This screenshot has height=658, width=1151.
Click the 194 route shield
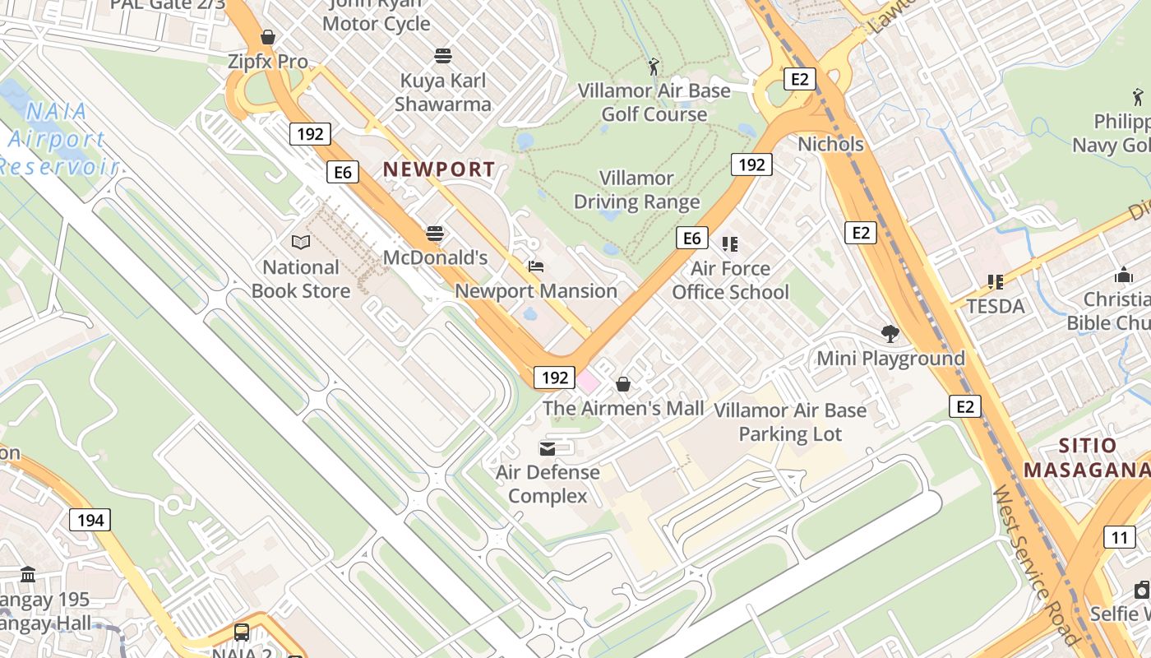click(x=90, y=520)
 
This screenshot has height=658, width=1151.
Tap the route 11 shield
click(x=1119, y=538)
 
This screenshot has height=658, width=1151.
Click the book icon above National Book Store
click(x=301, y=243)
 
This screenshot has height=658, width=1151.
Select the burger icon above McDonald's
click(x=435, y=234)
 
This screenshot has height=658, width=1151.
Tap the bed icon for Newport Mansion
click(x=535, y=266)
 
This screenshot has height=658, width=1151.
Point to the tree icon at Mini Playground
click(x=890, y=333)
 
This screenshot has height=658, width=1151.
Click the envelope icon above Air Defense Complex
click(x=547, y=448)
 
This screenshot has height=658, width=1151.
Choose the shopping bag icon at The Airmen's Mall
click(x=623, y=384)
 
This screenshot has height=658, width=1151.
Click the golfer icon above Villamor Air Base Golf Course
click(x=654, y=66)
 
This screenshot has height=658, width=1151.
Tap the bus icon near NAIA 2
click(x=242, y=632)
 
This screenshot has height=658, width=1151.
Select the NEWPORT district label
click(x=439, y=169)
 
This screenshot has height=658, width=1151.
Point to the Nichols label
click(x=830, y=144)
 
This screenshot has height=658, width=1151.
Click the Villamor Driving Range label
click(x=636, y=190)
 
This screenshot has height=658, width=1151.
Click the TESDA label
click(x=996, y=307)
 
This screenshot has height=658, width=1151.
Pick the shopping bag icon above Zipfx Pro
click(x=268, y=37)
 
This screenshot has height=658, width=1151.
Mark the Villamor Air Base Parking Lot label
click(x=790, y=422)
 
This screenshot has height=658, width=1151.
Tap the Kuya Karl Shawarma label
click(x=443, y=92)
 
